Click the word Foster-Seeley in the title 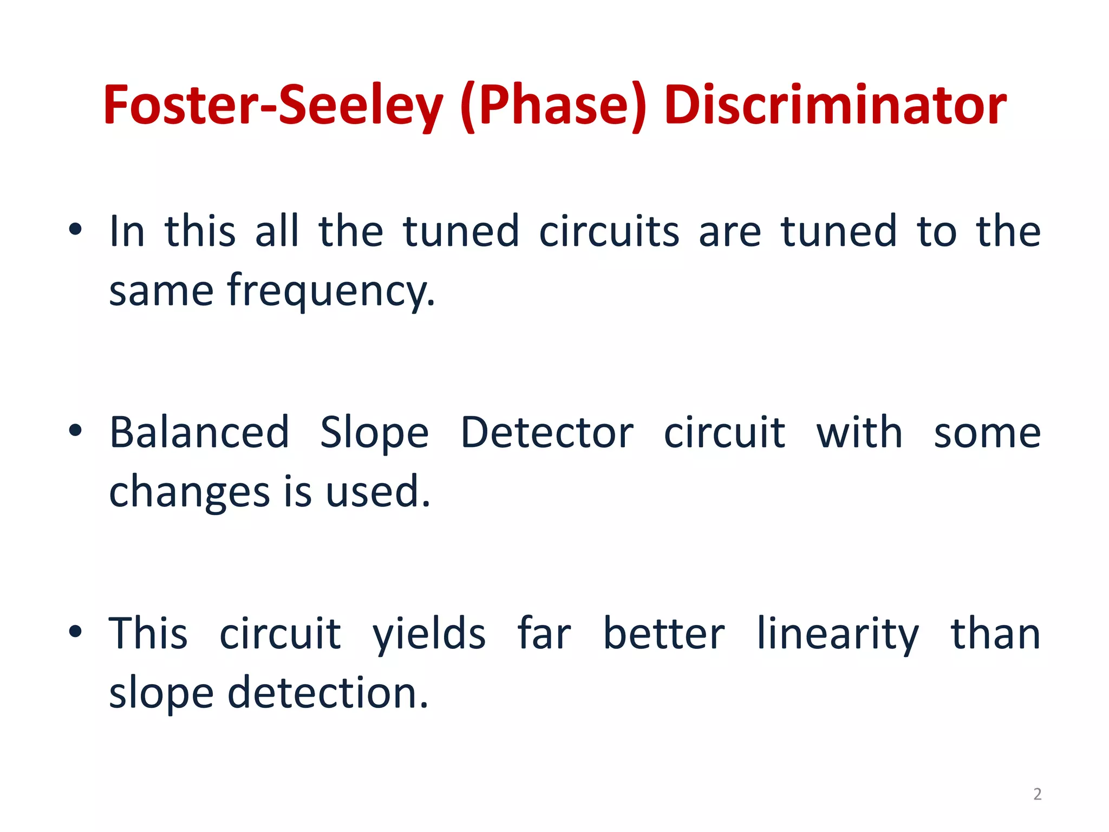pyautogui.click(x=272, y=106)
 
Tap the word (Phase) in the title pyautogui.click(x=553, y=106)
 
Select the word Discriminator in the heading pyautogui.click(x=834, y=106)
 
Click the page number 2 pyautogui.click(x=1037, y=794)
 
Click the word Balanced pyautogui.click(x=199, y=433)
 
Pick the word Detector pyautogui.click(x=547, y=433)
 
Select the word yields pyautogui.click(x=429, y=634)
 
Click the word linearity pyautogui.click(x=838, y=634)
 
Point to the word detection pyautogui.click(x=328, y=693)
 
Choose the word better pyautogui.click(x=664, y=634)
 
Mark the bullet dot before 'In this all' pyautogui.click(x=75, y=230)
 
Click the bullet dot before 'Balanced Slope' pyautogui.click(x=75, y=431)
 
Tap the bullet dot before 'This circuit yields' pyautogui.click(x=75, y=632)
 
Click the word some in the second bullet pyautogui.click(x=987, y=434)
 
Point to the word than pyautogui.click(x=995, y=634)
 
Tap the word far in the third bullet pyautogui.click(x=544, y=634)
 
